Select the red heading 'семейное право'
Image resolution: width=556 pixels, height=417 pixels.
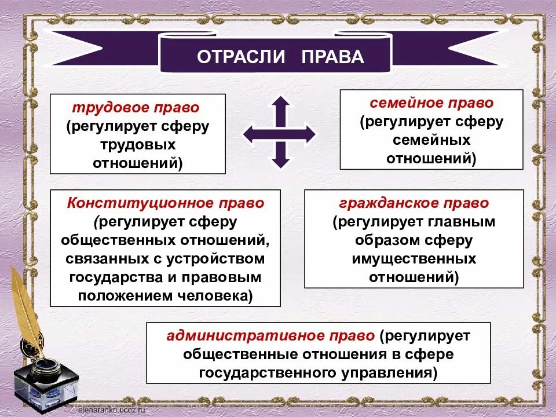431,103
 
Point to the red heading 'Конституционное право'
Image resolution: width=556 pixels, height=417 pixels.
166,203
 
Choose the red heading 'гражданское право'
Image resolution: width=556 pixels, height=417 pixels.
414,203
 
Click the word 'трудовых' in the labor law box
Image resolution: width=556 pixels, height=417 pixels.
138,145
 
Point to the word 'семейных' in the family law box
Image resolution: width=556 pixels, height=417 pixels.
431,140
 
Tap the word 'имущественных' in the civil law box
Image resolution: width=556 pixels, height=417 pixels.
414,258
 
